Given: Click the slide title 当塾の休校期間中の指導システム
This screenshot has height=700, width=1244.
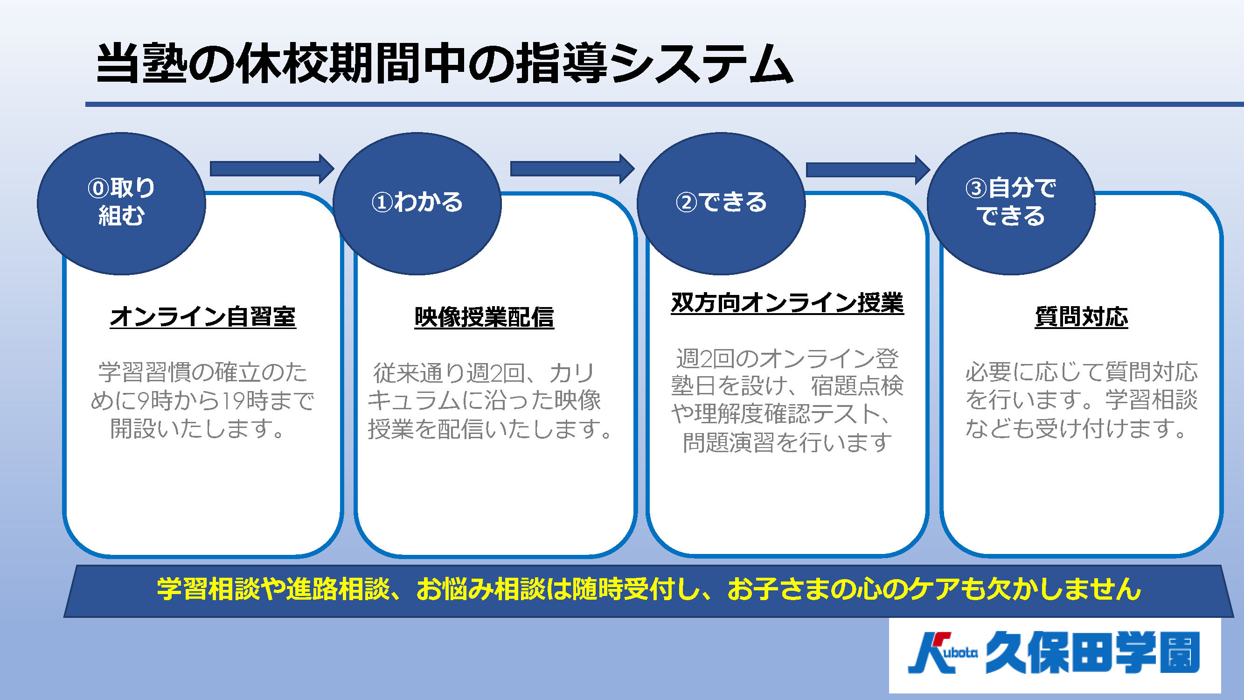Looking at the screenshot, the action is click(444, 63).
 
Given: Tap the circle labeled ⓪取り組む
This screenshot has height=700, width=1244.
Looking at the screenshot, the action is click(121, 203).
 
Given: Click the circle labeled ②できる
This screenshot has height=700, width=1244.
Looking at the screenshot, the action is click(721, 203).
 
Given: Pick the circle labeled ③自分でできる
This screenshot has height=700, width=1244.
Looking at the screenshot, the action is click(1011, 203).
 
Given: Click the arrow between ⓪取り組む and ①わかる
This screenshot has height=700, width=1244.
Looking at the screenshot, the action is click(272, 168).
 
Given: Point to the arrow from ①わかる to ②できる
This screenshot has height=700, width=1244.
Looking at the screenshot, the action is click(572, 168).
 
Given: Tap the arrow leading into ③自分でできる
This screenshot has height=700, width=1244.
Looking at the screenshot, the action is click(868, 169).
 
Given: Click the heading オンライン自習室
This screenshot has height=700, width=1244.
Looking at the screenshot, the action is click(203, 317).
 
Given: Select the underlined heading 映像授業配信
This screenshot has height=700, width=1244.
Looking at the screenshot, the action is click(484, 317).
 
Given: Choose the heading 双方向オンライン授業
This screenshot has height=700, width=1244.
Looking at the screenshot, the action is click(787, 303).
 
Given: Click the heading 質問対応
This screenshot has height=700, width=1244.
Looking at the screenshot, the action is click(1081, 317).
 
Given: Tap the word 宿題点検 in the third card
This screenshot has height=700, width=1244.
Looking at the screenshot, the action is click(857, 385).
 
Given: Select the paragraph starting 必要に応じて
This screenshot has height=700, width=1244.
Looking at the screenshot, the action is click(1081, 400).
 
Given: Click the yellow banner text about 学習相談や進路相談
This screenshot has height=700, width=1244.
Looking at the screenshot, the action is click(648, 589).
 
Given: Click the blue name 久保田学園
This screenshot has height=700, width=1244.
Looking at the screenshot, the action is click(1092, 653).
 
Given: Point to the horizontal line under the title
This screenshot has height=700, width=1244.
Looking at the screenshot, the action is click(665, 105).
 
